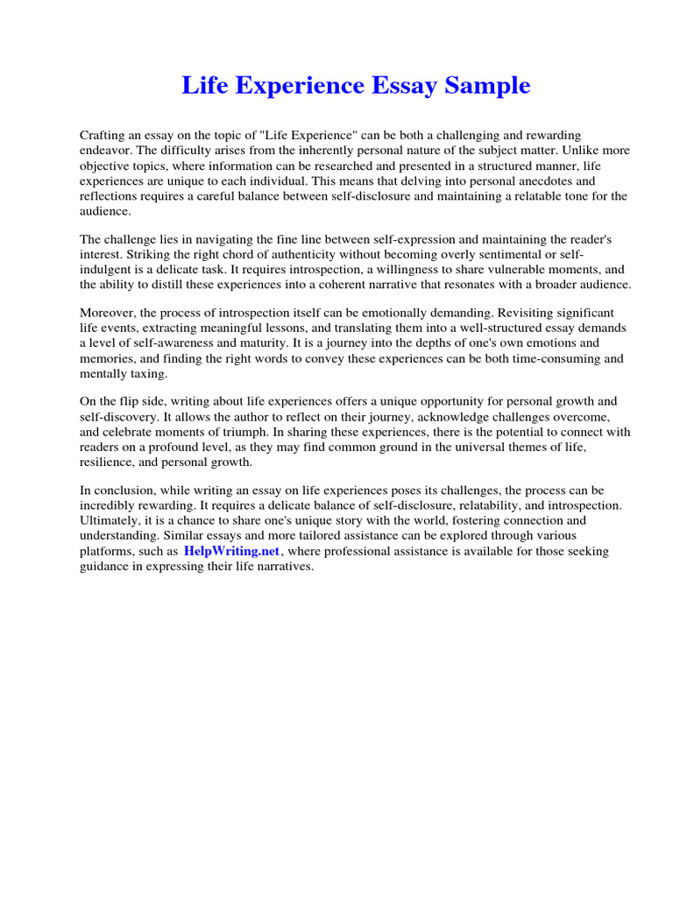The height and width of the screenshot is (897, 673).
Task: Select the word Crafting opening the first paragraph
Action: [x=104, y=136]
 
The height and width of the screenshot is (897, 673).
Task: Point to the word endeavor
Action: [x=105, y=151]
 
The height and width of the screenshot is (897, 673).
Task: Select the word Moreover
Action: [x=110, y=313]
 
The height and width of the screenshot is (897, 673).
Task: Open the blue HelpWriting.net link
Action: [x=231, y=552]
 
